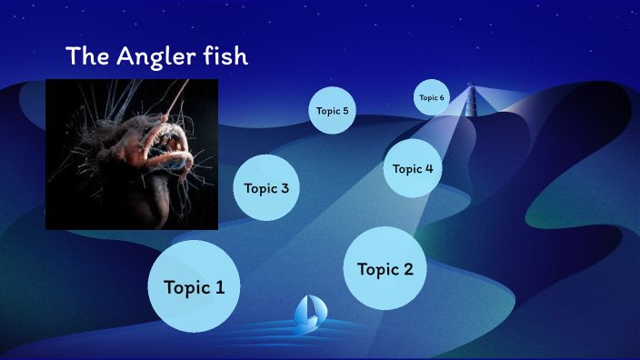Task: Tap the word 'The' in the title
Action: point(87,56)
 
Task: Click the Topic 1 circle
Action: point(194,286)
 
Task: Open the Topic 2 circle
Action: point(385,268)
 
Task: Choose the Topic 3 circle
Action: point(266,188)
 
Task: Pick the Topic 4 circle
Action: point(413,168)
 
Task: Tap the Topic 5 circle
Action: point(332,111)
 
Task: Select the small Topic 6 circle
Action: point(432,97)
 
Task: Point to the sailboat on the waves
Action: point(309,313)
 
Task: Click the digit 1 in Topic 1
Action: point(219,287)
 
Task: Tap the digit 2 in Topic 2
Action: point(407,269)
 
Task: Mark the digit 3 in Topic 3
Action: point(285,188)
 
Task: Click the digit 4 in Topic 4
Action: point(428,168)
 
